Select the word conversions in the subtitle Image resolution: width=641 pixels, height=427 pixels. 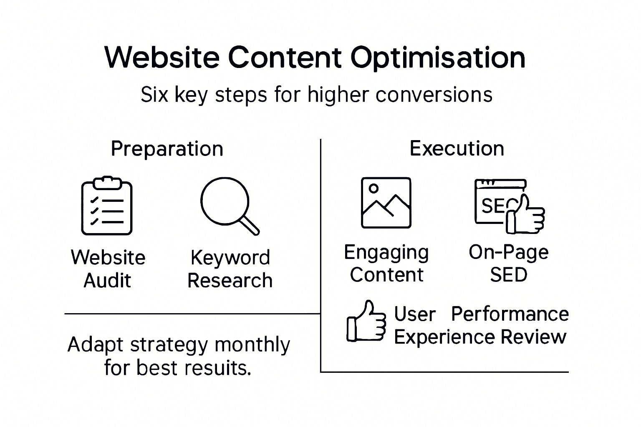(434, 95)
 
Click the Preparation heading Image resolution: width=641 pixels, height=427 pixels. (167, 149)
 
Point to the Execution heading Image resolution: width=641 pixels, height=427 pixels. (457, 148)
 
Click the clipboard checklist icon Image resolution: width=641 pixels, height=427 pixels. (106, 206)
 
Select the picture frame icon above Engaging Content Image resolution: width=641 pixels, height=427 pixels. (386, 203)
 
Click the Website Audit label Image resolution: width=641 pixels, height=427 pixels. (108, 269)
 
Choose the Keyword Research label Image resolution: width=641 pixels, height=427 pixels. (230, 269)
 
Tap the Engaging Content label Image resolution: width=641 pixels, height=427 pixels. (386, 264)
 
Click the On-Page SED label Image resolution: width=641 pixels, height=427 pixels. (508, 264)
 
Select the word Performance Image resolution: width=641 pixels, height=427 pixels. (510, 314)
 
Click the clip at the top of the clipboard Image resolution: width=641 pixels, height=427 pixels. (107, 182)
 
